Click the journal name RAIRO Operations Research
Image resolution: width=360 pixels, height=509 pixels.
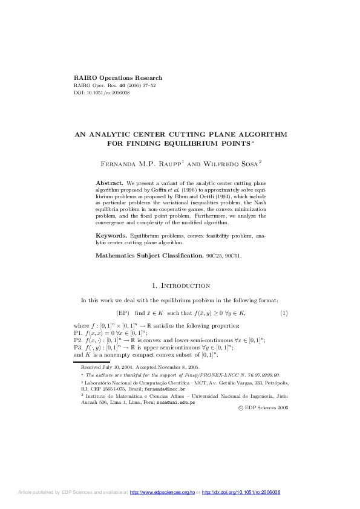pos(118,78)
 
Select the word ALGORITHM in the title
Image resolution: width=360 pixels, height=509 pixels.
pos(260,135)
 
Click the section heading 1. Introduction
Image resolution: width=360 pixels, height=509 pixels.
pos(180,285)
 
